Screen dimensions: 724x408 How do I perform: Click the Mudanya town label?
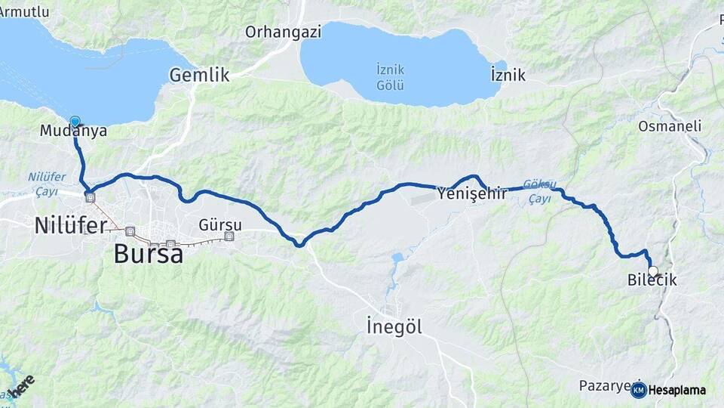click(73, 131)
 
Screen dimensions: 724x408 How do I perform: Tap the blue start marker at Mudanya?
click(75, 121)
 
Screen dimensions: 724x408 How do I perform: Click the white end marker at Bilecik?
click(652, 270)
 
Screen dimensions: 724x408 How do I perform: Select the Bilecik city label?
click(652, 280)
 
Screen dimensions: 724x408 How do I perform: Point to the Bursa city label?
click(148, 254)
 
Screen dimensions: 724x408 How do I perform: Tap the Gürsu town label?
click(220, 224)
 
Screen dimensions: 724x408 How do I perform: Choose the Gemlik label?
click(199, 75)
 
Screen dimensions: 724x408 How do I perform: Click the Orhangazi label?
click(283, 32)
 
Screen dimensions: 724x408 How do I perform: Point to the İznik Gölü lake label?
click(395, 76)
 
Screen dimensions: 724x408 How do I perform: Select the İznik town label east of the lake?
click(508, 75)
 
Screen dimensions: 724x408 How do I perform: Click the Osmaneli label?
click(670, 126)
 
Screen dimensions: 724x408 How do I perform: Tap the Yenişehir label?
click(472, 194)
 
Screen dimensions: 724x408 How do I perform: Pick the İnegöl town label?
click(394, 327)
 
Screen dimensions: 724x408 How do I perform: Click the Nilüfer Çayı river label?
click(47, 184)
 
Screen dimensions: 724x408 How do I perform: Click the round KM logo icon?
click(638, 390)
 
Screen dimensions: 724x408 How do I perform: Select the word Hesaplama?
click(676, 391)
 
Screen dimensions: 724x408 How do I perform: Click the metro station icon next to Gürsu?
click(229, 236)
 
